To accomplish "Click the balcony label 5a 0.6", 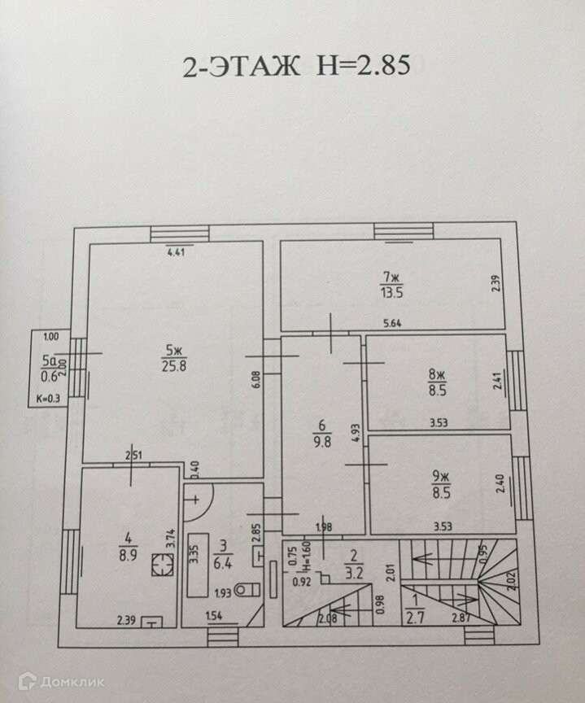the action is (x=50, y=367).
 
